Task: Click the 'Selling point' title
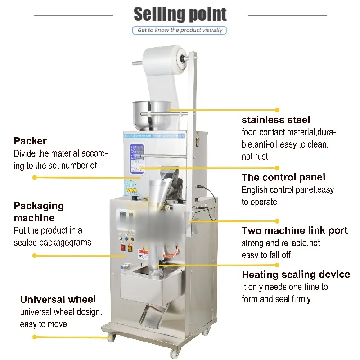pos(180,14)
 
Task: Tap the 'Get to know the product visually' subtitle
pos(180,30)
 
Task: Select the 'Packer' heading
pos(30,141)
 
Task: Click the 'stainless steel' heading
pos(275,120)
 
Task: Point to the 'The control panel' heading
pos(283,177)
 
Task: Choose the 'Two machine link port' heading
pos(294,231)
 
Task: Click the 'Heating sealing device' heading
pos(295,274)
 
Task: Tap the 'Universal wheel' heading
pos(58,299)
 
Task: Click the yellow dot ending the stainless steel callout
pos(278,109)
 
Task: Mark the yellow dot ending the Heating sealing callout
pos(278,265)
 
